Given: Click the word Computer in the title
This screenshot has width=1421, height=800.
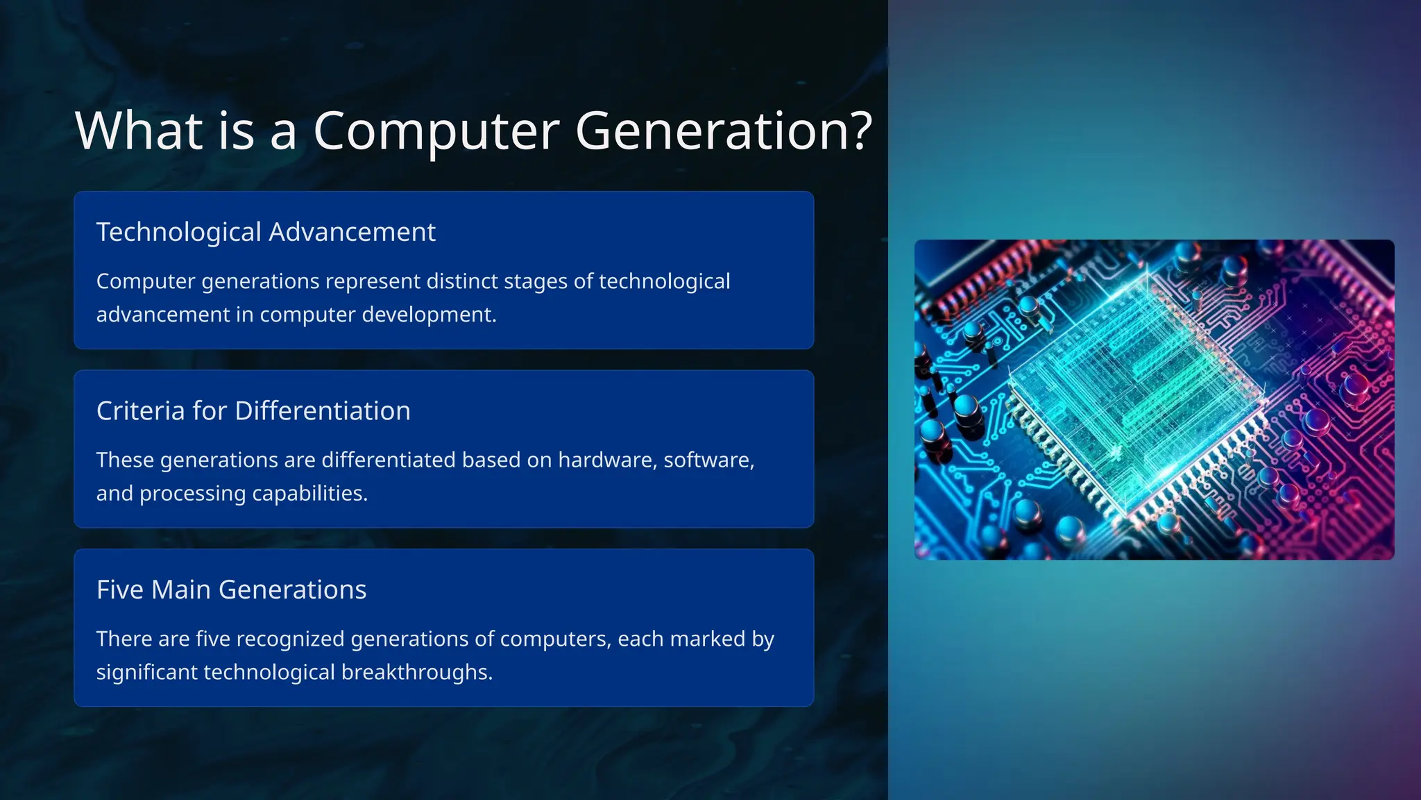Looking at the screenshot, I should (436, 131).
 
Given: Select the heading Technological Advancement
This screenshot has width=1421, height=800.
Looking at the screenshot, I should (266, 232).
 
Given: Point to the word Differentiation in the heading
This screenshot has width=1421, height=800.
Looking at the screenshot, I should (323, 411).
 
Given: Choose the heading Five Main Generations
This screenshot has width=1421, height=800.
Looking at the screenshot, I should (231, 590).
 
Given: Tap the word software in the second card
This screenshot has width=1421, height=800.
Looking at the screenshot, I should (706, 460).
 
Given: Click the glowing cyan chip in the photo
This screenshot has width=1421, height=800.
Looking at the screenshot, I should (1138, 396).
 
